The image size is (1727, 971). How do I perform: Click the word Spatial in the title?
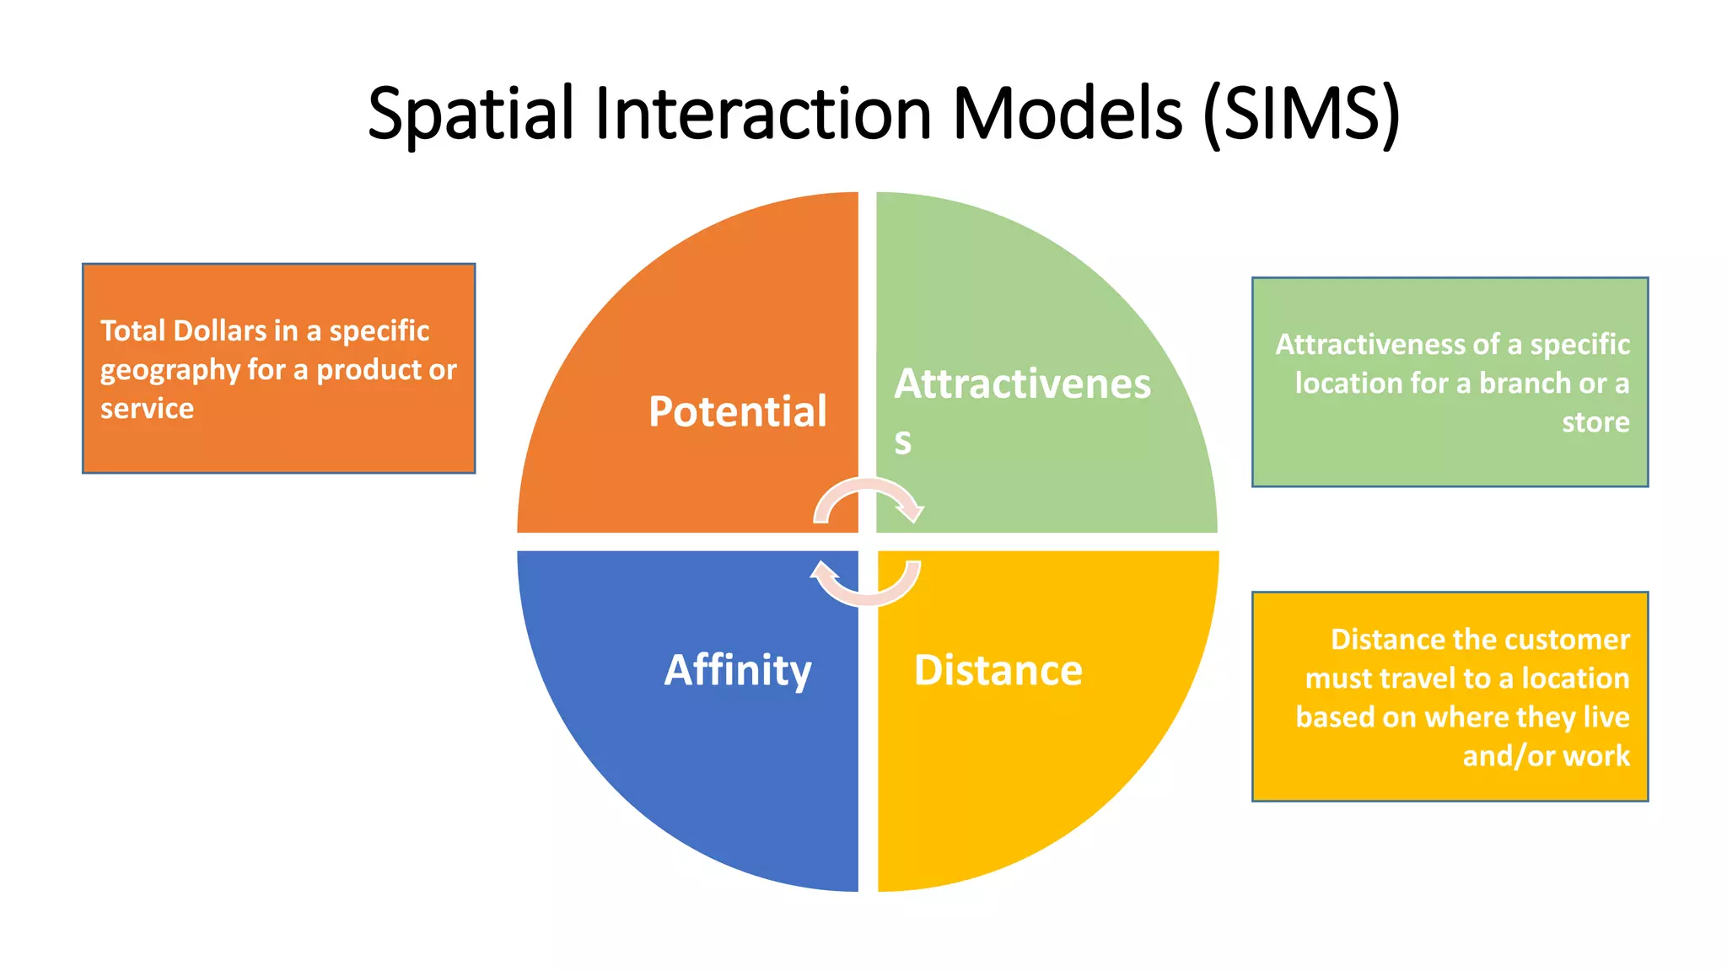[471, 115]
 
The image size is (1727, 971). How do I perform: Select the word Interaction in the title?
[763, 115]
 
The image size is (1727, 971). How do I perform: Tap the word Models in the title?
[1068, 115]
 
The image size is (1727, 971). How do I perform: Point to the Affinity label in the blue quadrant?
[738, 671]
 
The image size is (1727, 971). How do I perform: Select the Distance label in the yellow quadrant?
[998, 671]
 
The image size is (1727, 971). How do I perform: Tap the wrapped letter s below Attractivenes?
[903, 441]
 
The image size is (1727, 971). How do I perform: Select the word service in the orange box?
[147, 409]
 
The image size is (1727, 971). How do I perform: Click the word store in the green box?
[1595, 421]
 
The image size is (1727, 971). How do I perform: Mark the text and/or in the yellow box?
[1491, 756]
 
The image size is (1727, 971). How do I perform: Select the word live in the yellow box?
[1606, 717]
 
